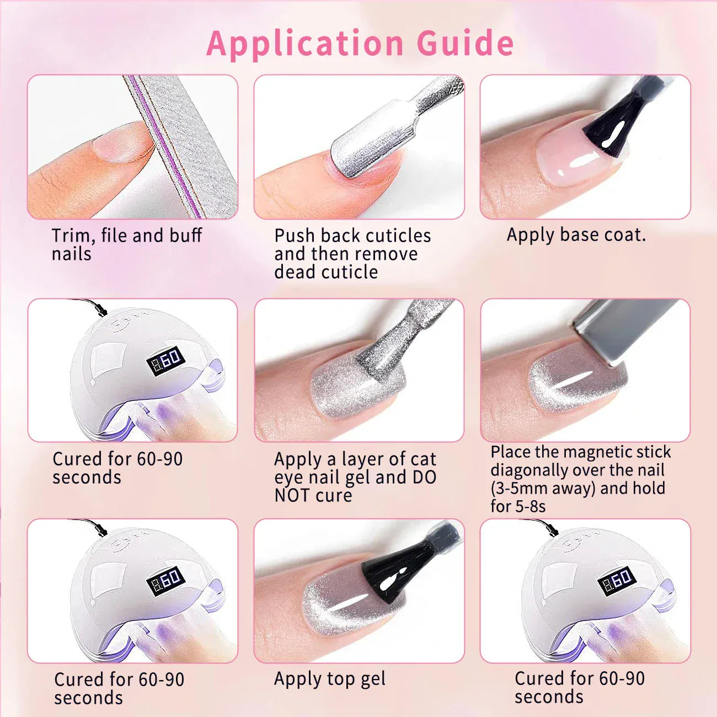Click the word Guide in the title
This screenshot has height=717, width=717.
pos(465,43)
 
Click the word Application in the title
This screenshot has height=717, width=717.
pos(305,43)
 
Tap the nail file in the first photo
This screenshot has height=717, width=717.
pos(182,143)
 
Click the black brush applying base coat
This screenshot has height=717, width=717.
pos(612,130)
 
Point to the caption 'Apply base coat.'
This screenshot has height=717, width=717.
pos(576,235)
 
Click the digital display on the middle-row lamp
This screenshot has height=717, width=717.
pos(166,361)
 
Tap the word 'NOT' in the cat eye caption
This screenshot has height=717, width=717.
pos(291,495)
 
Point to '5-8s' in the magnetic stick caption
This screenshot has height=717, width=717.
pos(530,506)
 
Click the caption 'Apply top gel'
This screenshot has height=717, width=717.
pos(330,679)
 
